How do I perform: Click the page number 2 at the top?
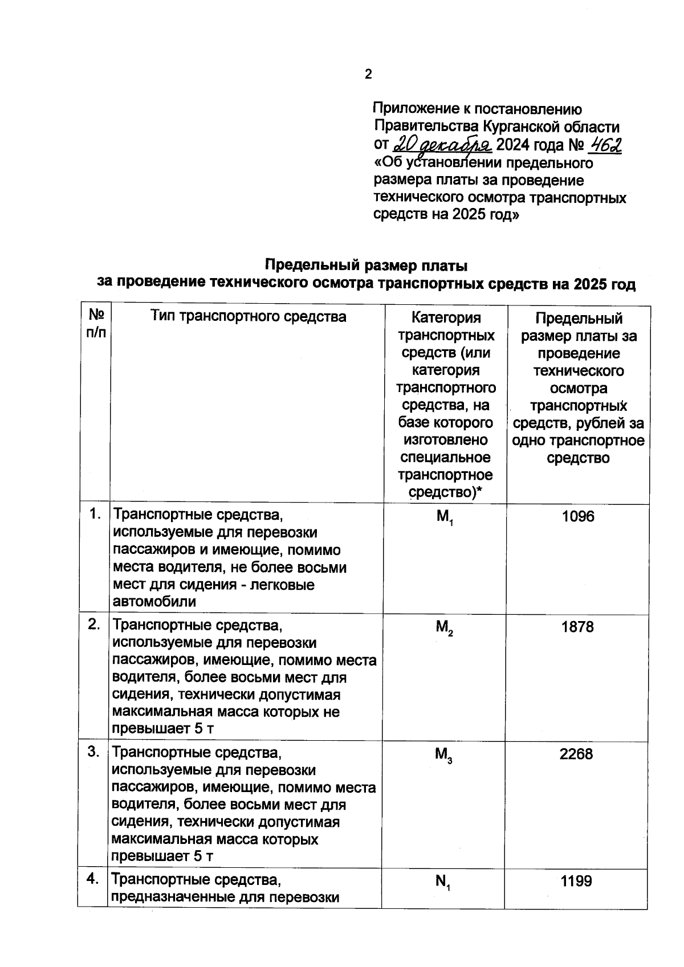pos(368,74)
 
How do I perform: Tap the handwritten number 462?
pos(604,145)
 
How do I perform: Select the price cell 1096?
pos(577,516)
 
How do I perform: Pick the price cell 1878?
pos(577,627)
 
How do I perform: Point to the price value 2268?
pos(576,754)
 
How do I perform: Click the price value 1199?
pos(576,881)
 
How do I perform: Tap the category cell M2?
pos(444,628)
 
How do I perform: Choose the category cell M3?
pos(443,755)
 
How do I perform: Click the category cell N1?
pos(443,882)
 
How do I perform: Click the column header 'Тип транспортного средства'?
pos(248,316)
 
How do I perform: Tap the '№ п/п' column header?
pos(96,324)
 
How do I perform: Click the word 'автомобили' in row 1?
pos(154,602)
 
